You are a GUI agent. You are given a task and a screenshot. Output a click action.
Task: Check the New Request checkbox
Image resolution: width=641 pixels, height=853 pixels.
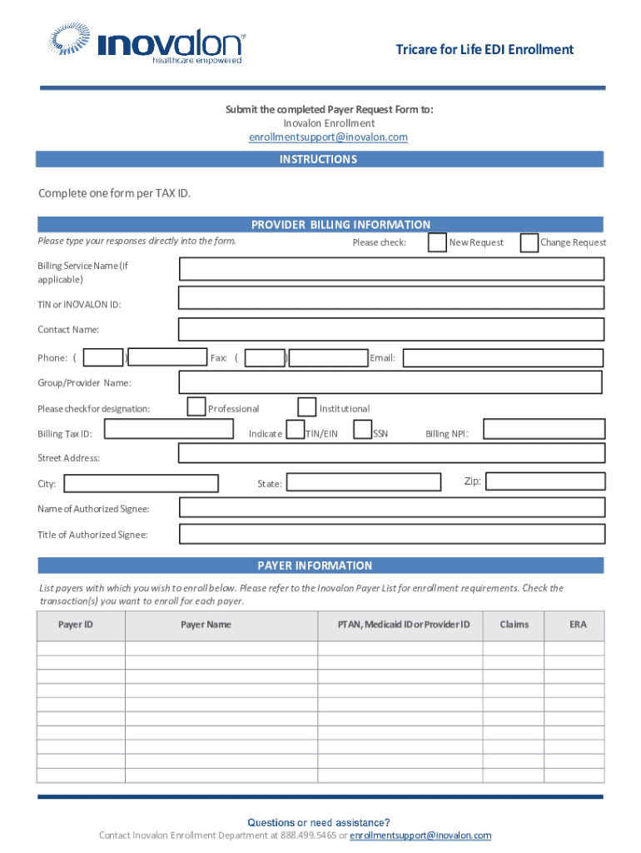click(x=437, y=242)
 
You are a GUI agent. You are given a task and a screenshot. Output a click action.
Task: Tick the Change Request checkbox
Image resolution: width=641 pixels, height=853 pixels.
click(x=529, y=242)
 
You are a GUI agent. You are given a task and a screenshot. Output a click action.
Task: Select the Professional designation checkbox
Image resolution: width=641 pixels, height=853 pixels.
click(x=196, y=407)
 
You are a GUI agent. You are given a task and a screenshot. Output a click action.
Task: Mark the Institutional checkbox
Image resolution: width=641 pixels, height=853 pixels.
click(x=306, y=407)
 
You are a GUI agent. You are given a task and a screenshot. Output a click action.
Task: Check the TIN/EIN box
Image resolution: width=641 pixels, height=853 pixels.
click(x=295, y=430)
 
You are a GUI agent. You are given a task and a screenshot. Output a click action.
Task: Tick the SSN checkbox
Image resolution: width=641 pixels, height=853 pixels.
click(x=362, y=430)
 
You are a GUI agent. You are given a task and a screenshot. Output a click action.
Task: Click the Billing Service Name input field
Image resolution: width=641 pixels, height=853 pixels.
click(x=391, y=269)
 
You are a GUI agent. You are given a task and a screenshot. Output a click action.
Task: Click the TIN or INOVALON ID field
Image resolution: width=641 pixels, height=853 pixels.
click(x=391, y=299)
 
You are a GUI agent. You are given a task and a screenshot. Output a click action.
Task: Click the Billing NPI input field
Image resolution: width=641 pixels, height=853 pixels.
click(x=544, y=430)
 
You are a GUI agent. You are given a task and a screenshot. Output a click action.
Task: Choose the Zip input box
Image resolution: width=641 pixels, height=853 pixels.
click(x=544, y=481)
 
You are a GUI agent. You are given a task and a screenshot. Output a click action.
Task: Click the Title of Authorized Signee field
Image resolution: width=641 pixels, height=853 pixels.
click(x=391, y=534)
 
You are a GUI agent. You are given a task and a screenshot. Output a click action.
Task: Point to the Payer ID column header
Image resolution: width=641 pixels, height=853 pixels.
click(x=76, y=625)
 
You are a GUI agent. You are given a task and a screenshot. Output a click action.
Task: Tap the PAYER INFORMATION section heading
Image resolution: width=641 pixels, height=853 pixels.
click(x=315, y=566)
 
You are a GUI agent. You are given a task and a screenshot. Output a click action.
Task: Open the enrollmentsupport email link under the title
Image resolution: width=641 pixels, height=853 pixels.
click(x=328, y=137)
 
